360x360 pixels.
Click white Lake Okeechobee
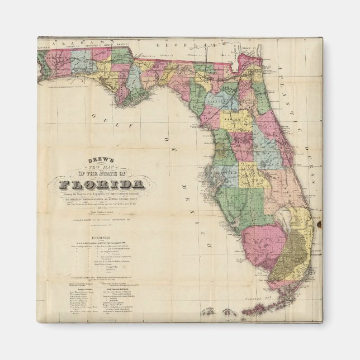click(289, 215)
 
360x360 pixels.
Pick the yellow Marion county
click(236, 120)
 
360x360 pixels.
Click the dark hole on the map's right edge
click(320, 225)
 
